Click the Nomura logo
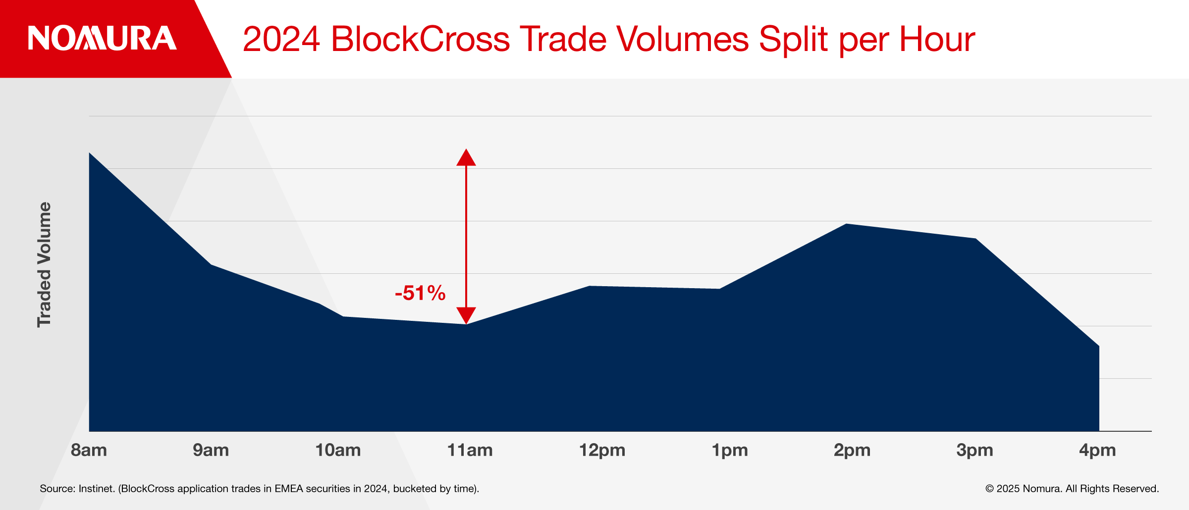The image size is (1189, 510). click(102, 38)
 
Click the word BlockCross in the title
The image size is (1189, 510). click(420, 39)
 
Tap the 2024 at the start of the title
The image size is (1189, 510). click(281, 39)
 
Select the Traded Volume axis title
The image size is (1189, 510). click(44, 264)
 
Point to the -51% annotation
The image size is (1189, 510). click(420, 293)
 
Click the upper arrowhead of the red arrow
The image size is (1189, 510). click(466, 157)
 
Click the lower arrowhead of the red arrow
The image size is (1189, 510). click(466, 315)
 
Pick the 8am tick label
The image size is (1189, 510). click(89, 450)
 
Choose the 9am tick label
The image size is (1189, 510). click(211, 450)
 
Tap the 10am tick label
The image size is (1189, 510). click(338, 450)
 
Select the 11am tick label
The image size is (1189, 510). click(470, 450)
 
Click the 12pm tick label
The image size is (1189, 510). click(602, 451)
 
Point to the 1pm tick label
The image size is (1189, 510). click(730, 451)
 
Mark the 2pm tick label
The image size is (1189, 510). click(852, 451)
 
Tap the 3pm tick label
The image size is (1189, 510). click(975, 451)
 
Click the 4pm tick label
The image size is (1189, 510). click(1098, 451)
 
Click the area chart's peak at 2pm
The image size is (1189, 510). click(846, 224)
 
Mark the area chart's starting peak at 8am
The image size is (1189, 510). click(90, 153)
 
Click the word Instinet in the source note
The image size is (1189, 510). click(97, 489)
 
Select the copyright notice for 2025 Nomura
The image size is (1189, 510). click(1072, 489)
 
